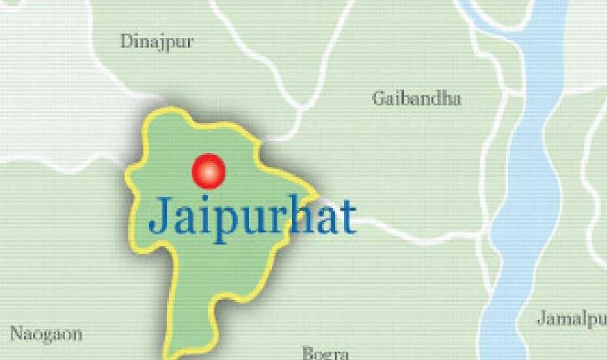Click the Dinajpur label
[x=156, y=42]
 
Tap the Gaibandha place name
[x=416, y=98]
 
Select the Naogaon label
[x=46, y=334]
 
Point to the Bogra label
[x=325, y=353]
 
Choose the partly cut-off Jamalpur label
[x=571, y=319]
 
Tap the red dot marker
[x=208, y=171]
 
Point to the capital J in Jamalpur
[x=542, y=318]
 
